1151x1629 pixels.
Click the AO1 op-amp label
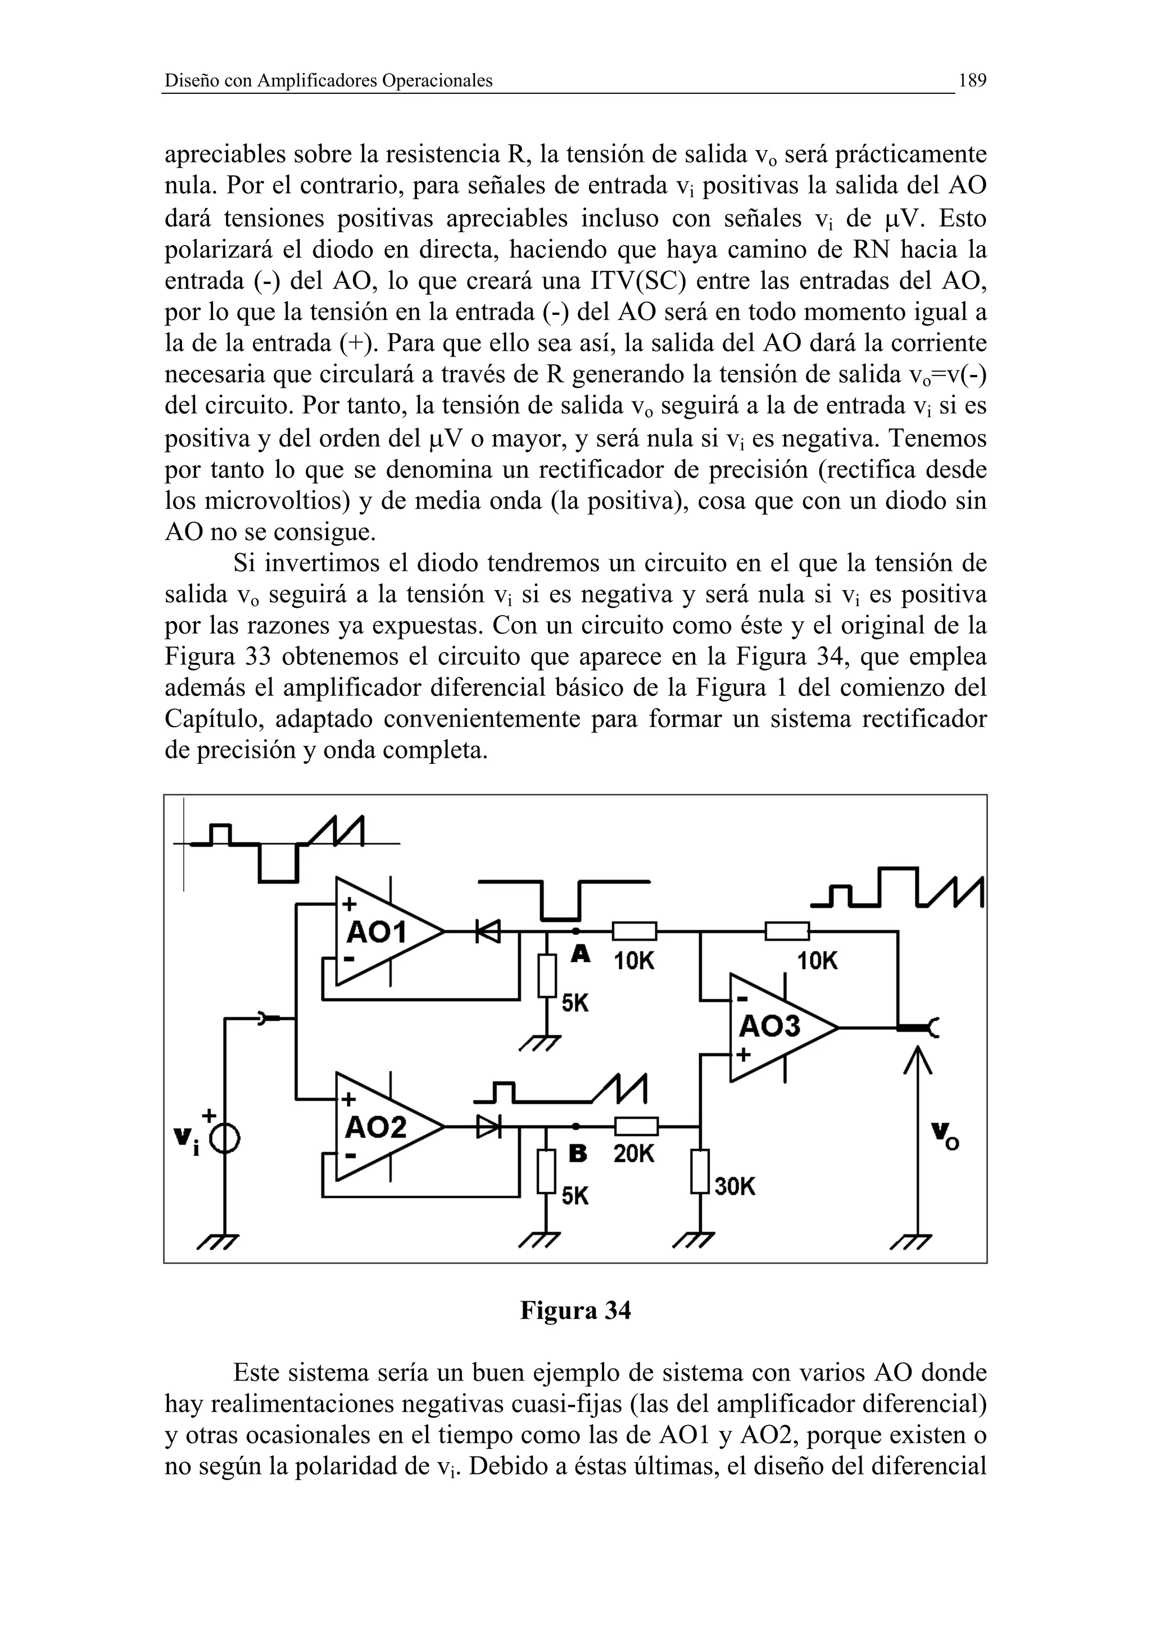[x=376, y=933]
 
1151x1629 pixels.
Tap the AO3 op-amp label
[x=770, y=1026]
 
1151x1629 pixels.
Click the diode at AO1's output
[x=488, y=931]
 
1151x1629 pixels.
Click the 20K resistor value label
[x=634, y=1155]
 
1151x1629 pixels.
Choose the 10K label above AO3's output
[x=817, y=961]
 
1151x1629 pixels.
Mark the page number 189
[x=972, y=80]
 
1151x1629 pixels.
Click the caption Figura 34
[x=575, y=1310]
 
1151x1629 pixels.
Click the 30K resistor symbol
[x=700, y=1171]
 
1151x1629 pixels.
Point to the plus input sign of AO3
[x=742, y=1055]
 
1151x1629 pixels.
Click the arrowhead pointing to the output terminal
[x=918, y=1057]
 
